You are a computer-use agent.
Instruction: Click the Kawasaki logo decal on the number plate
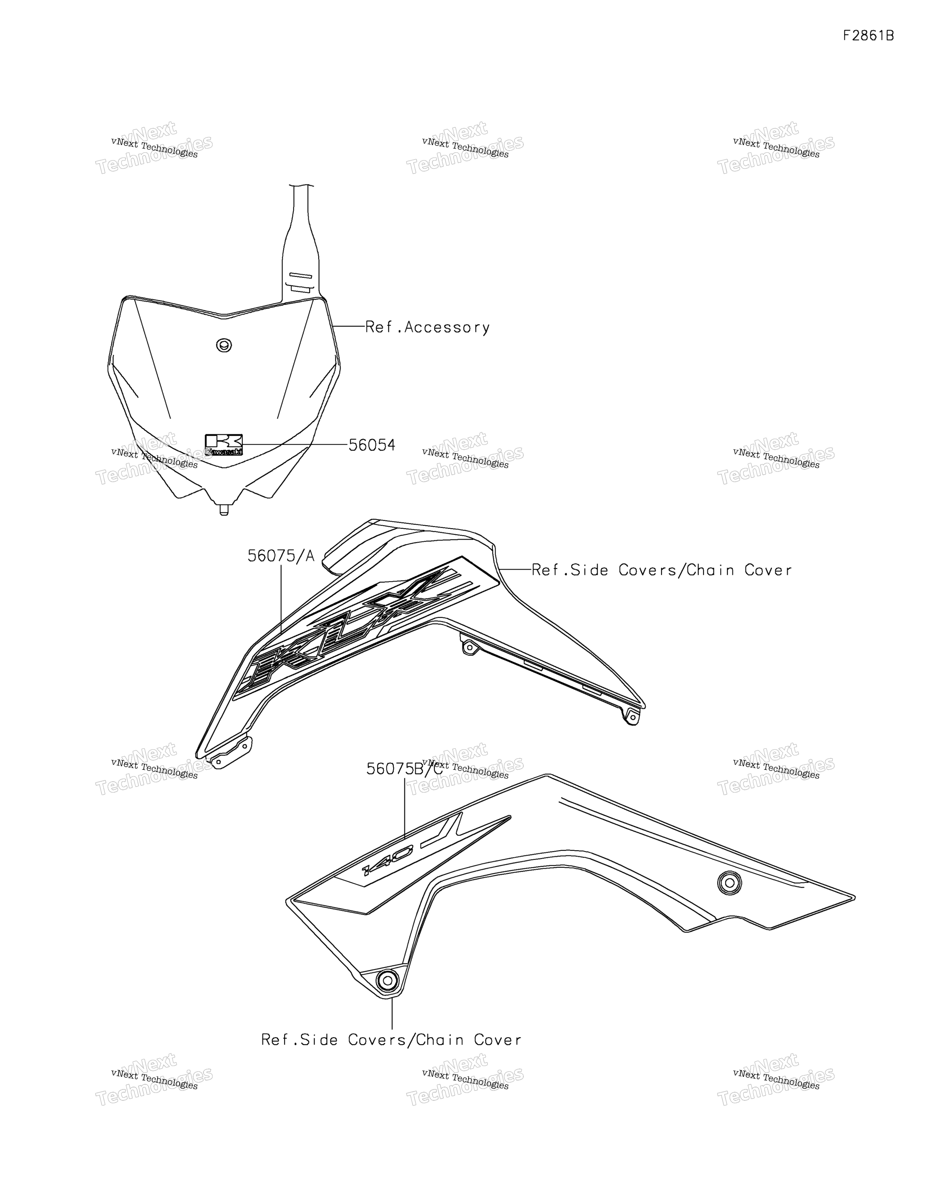[x=224, y=445]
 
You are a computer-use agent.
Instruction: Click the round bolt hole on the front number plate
[x=224, y=345]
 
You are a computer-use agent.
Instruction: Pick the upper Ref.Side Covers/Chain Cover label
[x=662, y=570]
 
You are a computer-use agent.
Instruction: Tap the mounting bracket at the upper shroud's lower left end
[x=230, y=753]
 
